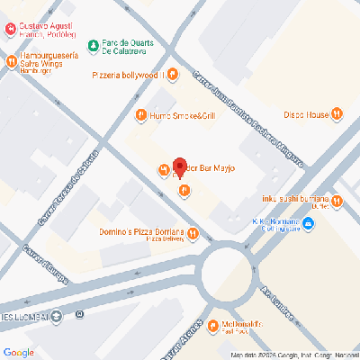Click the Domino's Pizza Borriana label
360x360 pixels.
pyautogui.click(x=142, y=232)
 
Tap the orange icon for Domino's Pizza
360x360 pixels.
pyautogui.click(x=193, y=233)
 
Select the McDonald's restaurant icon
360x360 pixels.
pyautogui.click(x=212, y=325)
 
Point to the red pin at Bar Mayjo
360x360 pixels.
pyautogui.click(x=179, y=167)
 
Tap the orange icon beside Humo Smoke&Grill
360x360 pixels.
pyautogui.click(x=140, y=115)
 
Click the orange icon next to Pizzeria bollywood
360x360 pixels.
pyautogui.click(x=183, y=75)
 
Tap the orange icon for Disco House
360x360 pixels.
pyautogui.click(x=336, y=113)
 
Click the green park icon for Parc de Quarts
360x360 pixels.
pyautogui.click(x=93, y=46)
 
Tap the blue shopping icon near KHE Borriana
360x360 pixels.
pyautogui.click(x=310, y=224)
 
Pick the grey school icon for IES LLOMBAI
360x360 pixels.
pyautogui.click(x=57, y=315)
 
